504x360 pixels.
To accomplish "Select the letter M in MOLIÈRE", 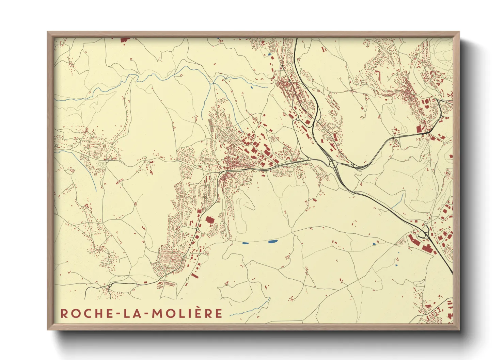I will tap(157, 313).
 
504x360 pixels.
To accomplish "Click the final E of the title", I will tap(218, 313).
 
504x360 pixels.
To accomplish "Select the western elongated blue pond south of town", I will tap(245, 243).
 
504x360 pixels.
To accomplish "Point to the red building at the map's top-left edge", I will tap(125, 40).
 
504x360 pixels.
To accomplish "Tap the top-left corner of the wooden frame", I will tap(48, 33).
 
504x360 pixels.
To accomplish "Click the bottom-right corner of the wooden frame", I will tap(459, 329).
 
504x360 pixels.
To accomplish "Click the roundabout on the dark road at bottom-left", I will tap(111, 285).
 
